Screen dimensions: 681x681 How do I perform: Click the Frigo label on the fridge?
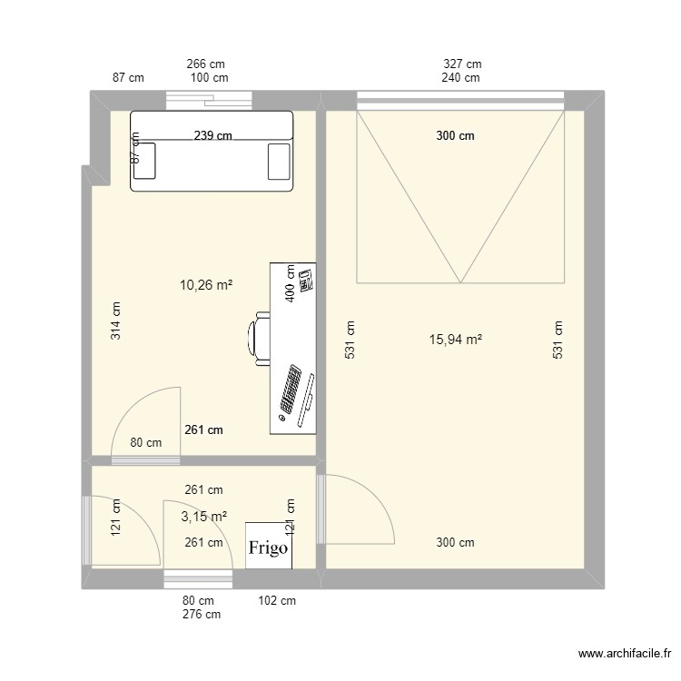[269, 548]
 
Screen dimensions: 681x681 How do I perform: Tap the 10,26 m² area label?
[206, 285]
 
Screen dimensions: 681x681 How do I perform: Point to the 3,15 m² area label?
[203, 517]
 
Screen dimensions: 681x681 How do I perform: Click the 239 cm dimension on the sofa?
[212, 136]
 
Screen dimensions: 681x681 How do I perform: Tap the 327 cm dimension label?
[462, 64]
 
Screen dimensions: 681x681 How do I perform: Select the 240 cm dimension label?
[461, 78]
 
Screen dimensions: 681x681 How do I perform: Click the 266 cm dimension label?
[205, 64]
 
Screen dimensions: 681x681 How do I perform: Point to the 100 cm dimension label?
[209, 78]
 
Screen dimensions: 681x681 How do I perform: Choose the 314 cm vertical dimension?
[116, 321]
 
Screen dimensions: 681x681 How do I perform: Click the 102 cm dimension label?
[277, 600]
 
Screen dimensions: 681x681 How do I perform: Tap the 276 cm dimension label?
[201, 615]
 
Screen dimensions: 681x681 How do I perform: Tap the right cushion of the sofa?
[278, 161]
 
